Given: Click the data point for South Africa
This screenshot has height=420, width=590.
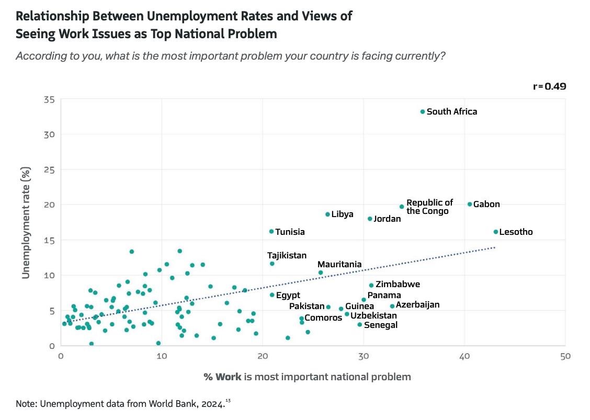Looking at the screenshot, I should point(423,111).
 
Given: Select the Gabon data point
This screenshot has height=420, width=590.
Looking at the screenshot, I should point(470,204).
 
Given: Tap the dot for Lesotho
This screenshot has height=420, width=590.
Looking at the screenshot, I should point(496,232).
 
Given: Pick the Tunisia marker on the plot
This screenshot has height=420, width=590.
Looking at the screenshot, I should point(271,231).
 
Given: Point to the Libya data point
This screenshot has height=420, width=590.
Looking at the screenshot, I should point(328,214).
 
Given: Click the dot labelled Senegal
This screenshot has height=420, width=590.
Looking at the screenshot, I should point(360,325).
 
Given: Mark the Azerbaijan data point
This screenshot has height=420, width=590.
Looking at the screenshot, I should point(392,307).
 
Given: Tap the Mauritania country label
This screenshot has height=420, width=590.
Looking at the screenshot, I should point(339,265).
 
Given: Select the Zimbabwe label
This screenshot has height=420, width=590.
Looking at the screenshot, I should point(398,285).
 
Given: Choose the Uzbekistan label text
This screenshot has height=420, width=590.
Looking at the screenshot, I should point(373,315).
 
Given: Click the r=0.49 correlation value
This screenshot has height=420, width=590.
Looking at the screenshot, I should point(549,86).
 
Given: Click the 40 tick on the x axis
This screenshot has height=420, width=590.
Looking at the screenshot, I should point(464,356).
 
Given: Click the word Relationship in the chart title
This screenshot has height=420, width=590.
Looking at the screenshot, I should point(54,16).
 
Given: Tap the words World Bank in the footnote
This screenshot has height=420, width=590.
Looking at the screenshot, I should point(164,403).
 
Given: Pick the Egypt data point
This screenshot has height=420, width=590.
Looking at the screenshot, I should point(272,295).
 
